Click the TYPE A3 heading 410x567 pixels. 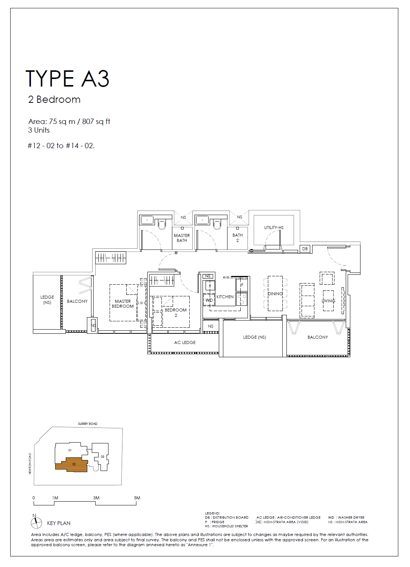(x=67, y=79)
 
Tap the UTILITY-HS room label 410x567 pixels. (x=274, y=228)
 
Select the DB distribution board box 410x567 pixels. (x=305, y=249)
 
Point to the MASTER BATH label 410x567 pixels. (x=182, y=238)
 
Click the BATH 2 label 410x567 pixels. (x=238, y=238)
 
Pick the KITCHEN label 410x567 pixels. (x=225, y=297)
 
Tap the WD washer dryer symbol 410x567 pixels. (x=209, y=300)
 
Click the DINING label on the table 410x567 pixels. (x=275, y=294)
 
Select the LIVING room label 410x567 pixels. (x=328, y=301)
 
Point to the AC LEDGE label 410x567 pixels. (x=185, y=342)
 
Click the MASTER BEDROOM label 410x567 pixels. (x=123, y=304)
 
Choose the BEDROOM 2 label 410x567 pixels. (x=176, y=313)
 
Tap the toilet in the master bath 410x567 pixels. (x=162, y=224)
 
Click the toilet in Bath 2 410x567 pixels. (x=217, y=224)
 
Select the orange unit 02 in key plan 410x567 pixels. (x=72, y=465)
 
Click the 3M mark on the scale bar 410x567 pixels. (x=96, y=498)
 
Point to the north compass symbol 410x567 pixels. (x=36, y=522)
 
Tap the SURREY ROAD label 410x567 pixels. (x=88, y=423)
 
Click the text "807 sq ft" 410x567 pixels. (x=96, y=121)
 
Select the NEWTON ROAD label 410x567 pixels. (x=30, y=463)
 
